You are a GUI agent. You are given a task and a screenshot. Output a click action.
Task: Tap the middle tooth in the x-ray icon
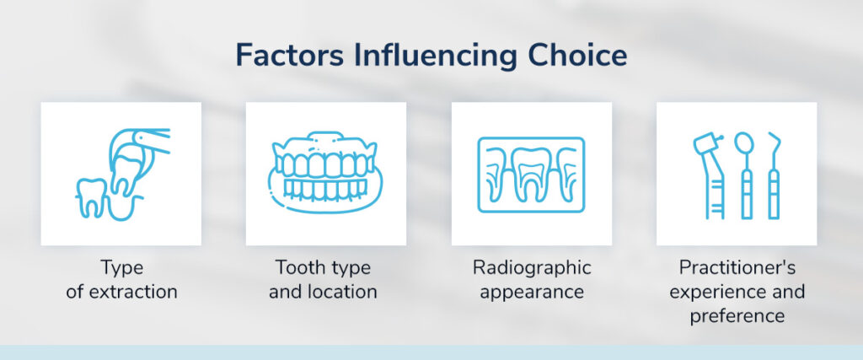(x=531, y=174)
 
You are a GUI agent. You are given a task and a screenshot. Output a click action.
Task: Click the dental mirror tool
(x=745, y=175)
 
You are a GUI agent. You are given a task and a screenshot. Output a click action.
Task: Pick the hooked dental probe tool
(x=774, y=175)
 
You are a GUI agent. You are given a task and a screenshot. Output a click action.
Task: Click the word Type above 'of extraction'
(x=121, y=269)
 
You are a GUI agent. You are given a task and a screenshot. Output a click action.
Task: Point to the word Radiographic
(x=532, y=269)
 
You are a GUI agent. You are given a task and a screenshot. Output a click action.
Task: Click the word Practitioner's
(x=737, y=268)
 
